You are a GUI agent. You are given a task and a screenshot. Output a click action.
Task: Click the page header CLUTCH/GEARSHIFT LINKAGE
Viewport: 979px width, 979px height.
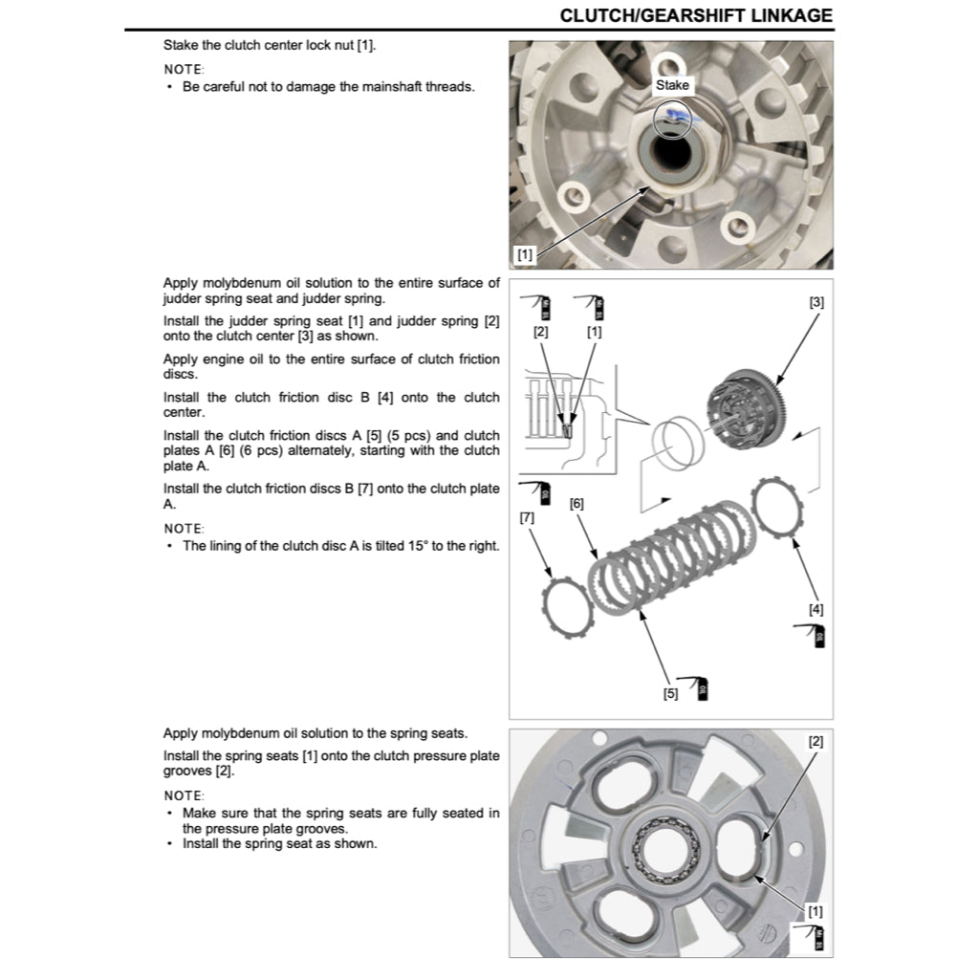tap(695, 15)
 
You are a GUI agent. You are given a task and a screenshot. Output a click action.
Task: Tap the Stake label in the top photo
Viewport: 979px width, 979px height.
tap(672, 85)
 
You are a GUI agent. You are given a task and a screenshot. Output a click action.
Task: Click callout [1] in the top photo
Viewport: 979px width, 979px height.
tap(525, 254)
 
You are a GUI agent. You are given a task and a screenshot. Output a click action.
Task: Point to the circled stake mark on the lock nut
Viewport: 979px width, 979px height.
tap(673, 120)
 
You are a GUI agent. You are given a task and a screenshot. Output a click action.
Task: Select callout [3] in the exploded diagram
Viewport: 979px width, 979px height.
tap(816, 302)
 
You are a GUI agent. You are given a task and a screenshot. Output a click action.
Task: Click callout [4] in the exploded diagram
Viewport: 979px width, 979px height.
tap(816, 608)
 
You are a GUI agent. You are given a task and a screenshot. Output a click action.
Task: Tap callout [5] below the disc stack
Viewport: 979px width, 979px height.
tap(671, 693)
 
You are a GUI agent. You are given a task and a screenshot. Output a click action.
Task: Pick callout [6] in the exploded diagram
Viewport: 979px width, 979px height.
tap(577, 502)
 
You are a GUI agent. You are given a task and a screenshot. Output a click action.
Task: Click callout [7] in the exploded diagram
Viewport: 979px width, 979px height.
tap(527, 517)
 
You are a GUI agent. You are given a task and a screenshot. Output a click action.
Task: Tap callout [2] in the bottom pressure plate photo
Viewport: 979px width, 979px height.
tap(816, 741)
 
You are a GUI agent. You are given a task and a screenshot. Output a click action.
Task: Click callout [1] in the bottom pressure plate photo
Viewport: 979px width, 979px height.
tap(816, 911)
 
